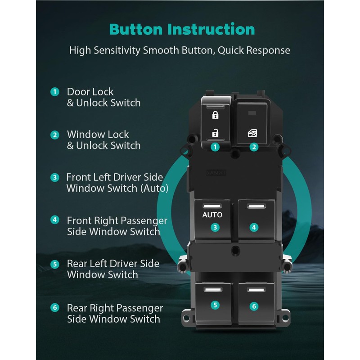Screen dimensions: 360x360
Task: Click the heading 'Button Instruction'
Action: tap(182, 29)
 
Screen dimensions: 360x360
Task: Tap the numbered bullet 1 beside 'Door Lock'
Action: tap(55, 92)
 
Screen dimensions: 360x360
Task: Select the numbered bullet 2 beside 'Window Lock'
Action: tap(55, 135)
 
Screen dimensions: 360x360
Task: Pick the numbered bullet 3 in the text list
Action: tap(55, 177)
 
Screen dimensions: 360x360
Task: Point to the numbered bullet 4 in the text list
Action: tap(55, 220)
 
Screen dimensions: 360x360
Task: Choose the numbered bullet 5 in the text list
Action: tap(55, 264)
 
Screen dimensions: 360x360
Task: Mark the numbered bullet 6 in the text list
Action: tap(55, 308)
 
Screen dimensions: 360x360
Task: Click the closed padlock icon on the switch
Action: tap(215, 115)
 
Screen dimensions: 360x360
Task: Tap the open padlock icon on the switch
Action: tap(215, 132)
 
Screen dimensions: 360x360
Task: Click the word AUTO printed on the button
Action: tap(212, 215)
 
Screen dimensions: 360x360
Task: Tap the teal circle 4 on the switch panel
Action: tap(254, 227)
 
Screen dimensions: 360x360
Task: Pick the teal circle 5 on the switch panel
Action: tap(215, 305)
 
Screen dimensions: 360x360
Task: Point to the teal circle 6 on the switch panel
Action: tap(254, 306)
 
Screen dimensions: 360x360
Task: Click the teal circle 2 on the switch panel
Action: tap(254, 147)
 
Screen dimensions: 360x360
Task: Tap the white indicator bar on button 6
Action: tap(254, 289)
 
